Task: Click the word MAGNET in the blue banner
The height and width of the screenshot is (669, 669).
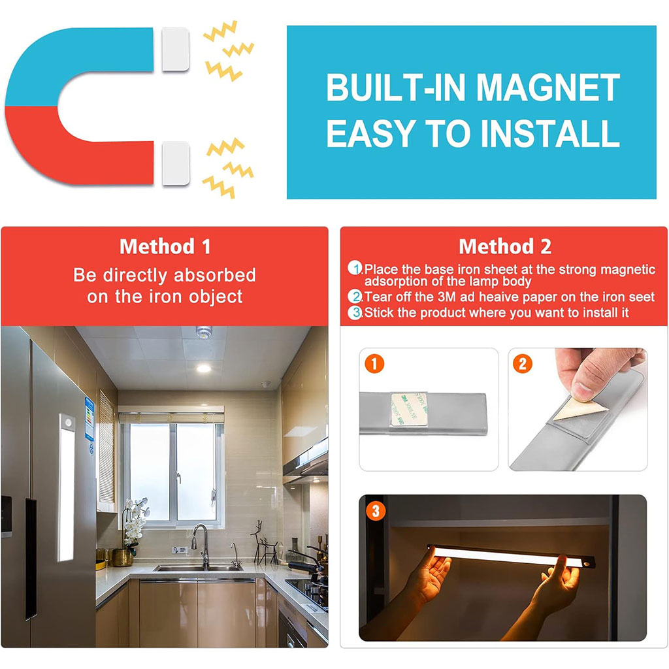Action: (x=548, y=87)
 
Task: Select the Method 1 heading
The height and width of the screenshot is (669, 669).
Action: (x=165, y=246)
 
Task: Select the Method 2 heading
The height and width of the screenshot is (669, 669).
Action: (x=505, y=246)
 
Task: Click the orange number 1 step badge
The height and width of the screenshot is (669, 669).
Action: (x=374, y=364)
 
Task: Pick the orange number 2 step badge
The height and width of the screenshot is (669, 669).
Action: (x=523, y=364)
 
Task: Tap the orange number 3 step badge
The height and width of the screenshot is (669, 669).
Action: (x=376, y=511)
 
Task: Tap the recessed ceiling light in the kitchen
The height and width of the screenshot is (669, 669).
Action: (x=204, y=368)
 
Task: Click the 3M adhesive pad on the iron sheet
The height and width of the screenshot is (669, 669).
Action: (x=409, y=409)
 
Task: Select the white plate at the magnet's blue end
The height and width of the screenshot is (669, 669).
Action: (x=175, y=49)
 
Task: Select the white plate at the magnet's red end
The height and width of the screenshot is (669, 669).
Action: (x=175, y=163)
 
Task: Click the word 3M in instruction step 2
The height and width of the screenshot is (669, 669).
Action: (x=447, y=297)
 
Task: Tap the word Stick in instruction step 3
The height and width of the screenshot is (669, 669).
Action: (x=378, y=313)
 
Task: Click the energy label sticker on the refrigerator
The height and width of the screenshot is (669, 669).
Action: (x=89, y=419)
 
